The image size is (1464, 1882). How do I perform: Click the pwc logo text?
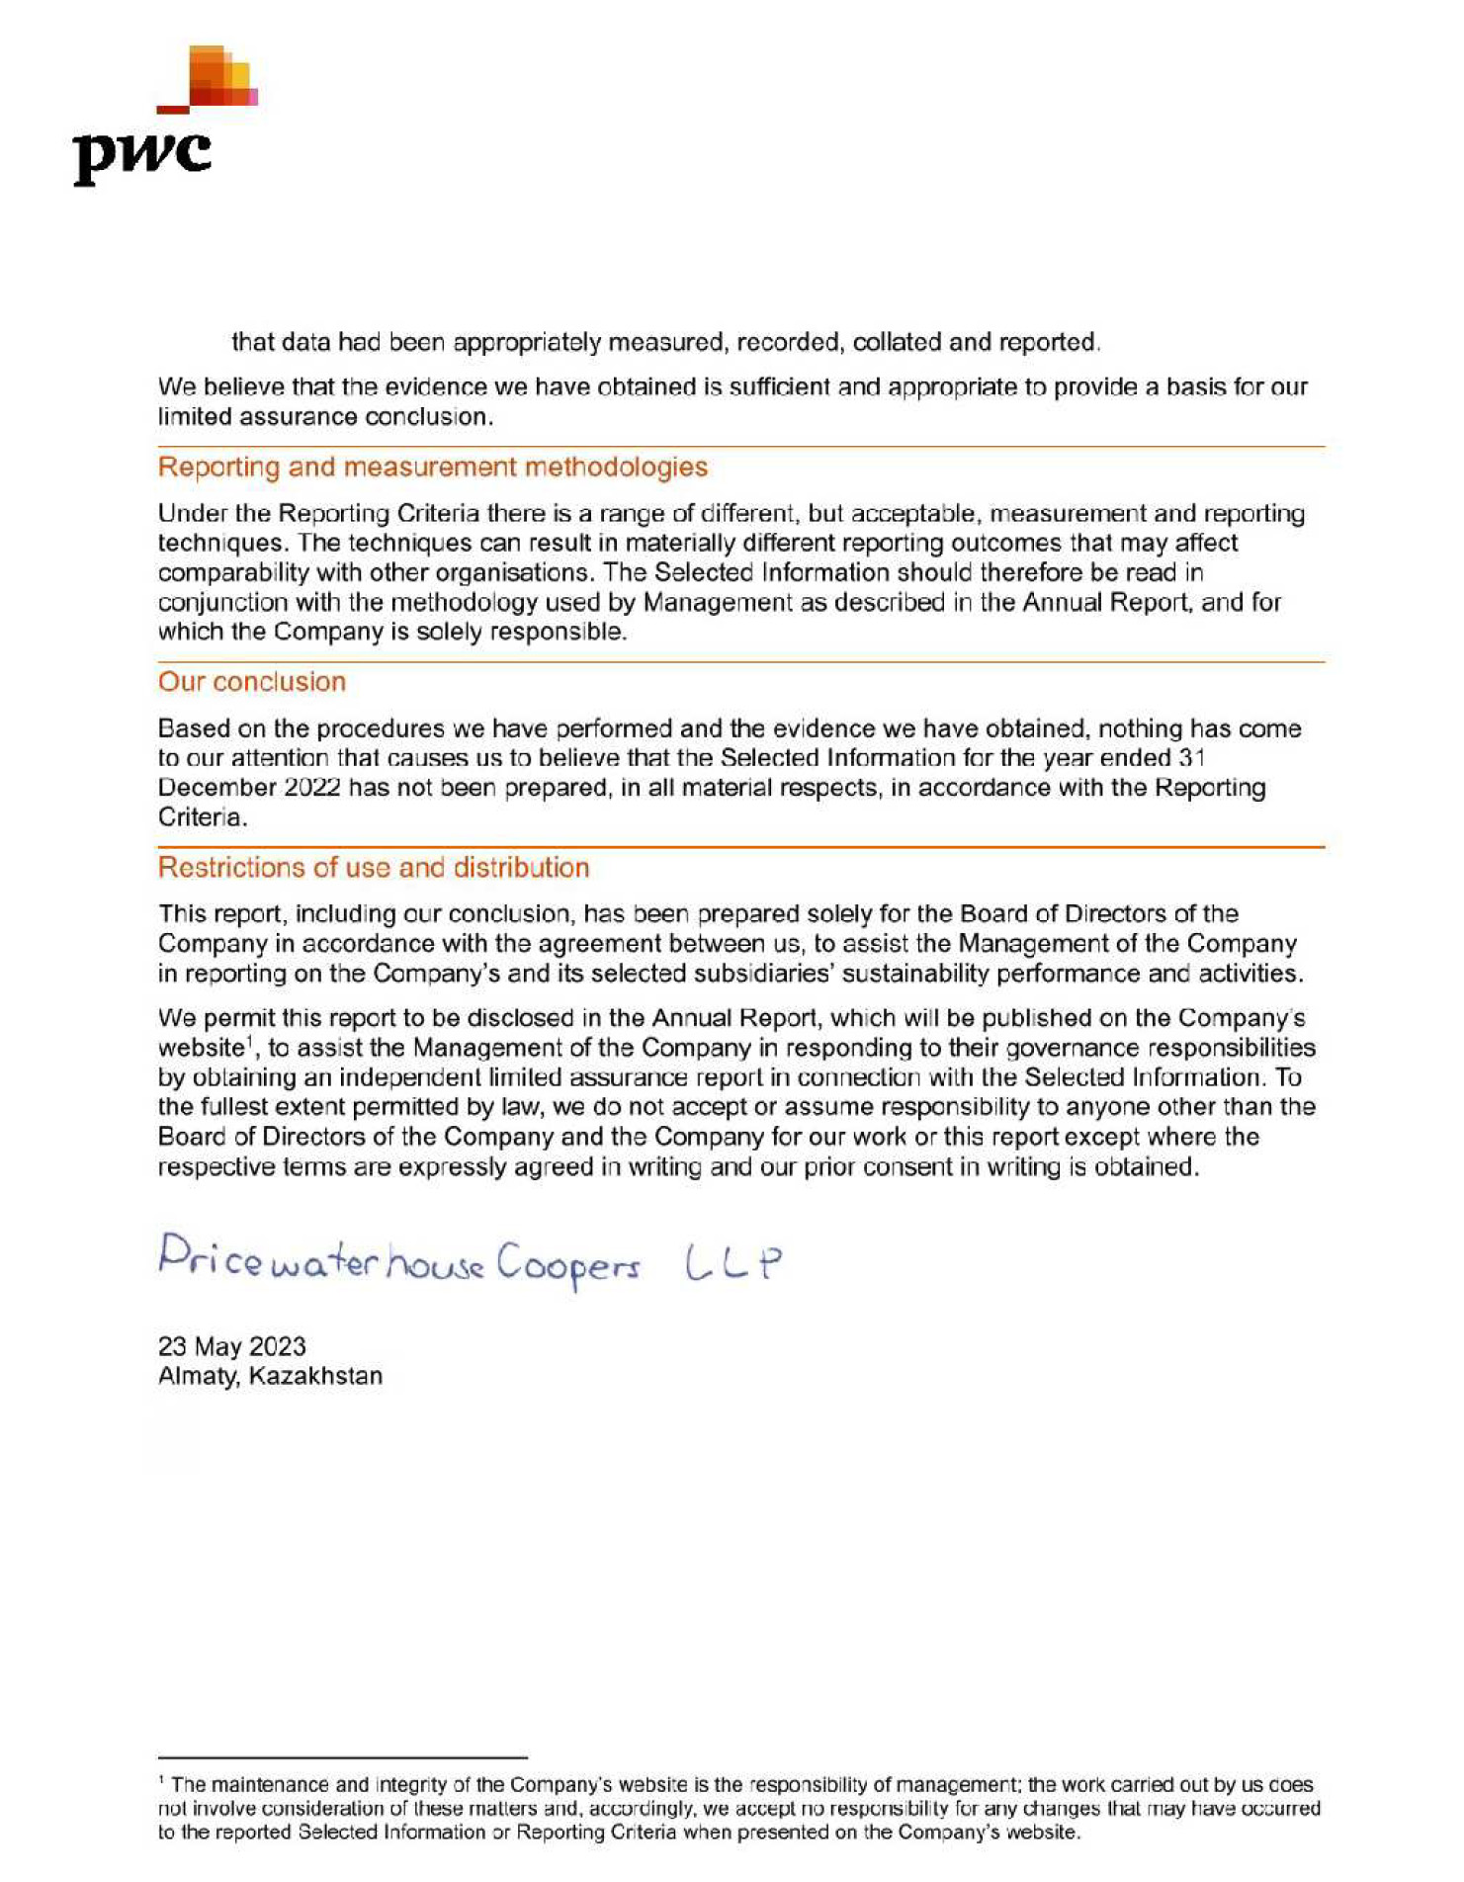142,156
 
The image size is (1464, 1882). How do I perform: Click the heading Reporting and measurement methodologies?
432,467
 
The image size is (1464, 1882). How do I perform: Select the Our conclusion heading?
251,682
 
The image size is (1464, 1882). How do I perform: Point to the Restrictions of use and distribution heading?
373,868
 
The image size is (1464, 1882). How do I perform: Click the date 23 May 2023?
231,1346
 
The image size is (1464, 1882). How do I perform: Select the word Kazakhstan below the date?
315,1376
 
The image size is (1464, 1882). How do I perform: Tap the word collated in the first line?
897,343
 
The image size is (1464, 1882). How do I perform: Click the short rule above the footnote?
342,1757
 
